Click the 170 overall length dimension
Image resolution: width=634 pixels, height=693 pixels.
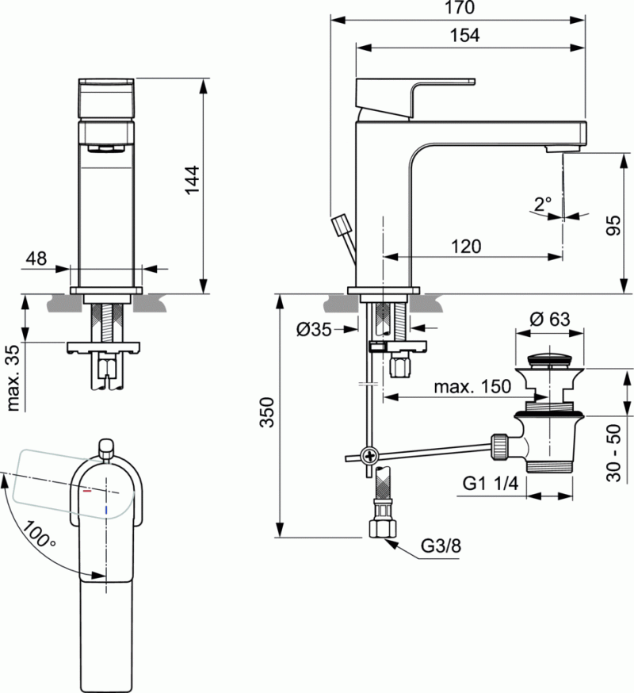[x=460, y=9]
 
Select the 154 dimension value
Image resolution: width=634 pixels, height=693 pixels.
[x=464, y=35]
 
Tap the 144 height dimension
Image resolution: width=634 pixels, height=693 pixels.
[x=193, y=184]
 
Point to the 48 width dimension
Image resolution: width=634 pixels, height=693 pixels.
[x=36, y=258]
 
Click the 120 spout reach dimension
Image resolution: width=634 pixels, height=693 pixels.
[x=465, y=247]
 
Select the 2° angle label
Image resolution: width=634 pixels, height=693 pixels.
[x=543, y=204]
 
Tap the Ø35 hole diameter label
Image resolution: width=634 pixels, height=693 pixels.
[x=315, y=330]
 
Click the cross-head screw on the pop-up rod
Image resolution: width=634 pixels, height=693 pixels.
[x=369, y=456]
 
